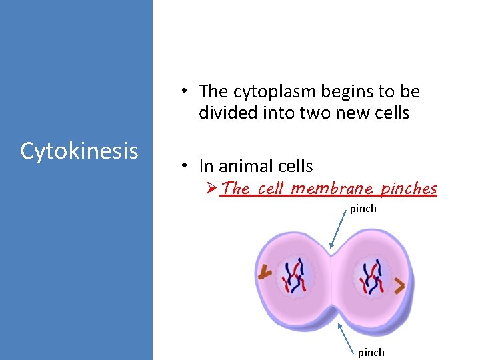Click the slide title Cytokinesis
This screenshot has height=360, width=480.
[79, 151]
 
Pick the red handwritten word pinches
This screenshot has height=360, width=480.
[408, 189]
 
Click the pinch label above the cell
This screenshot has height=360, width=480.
[363, 209]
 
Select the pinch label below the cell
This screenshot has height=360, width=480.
[371, 352]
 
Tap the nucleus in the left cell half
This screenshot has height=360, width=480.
[293, 275]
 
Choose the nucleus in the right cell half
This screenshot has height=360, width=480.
[371, 277]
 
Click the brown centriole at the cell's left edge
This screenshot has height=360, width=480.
[265, 273]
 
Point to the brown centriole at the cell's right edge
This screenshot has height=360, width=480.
[399, 287]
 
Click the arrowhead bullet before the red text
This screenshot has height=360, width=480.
[211, 189]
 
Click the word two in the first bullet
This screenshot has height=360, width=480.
[319, 113]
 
